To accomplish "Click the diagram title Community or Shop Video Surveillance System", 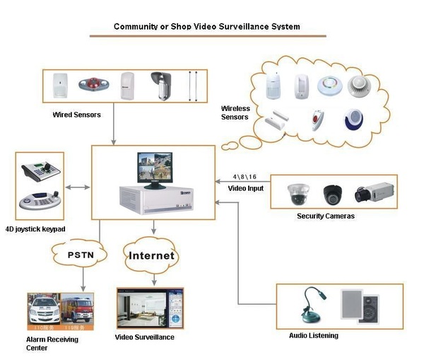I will (207, 26).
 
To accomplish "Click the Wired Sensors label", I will (76, 114).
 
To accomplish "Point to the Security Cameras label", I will (326, 216).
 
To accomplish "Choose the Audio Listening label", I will (314, 335).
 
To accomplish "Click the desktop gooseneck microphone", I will (311, 305).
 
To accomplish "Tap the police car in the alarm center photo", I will (44, 309).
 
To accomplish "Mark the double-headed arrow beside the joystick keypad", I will (78, 187).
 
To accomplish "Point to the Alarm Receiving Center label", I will (53, 344).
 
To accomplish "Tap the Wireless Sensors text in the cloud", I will (235, 112).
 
